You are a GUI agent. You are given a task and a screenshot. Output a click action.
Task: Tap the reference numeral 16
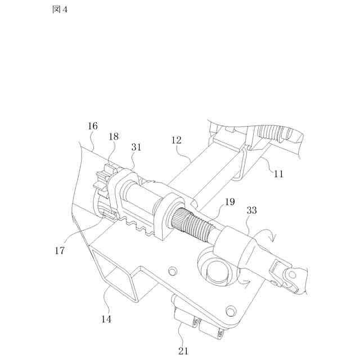[x=93, y=126]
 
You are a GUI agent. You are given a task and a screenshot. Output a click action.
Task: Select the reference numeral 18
[x=114, y=137]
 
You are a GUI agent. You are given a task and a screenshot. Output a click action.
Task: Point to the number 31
[x=136, y=147]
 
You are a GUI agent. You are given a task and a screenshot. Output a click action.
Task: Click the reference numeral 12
[x=176, y=140]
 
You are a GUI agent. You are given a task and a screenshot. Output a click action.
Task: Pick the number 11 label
[x=278, y=174]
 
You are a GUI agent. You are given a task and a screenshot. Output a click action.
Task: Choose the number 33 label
[x=251, y=210]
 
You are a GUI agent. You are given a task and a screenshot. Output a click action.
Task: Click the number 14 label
[x=106, y=319]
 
